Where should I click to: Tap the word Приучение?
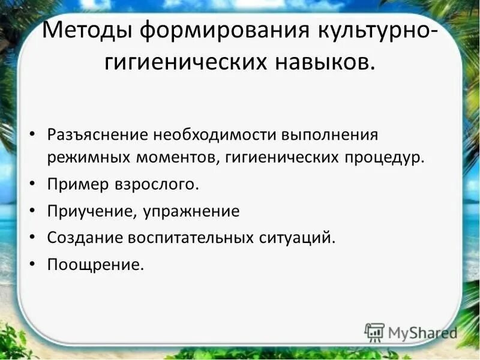coord(86,211)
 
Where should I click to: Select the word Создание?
coord(83,238)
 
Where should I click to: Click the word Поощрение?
coord(95,264)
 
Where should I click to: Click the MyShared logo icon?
coord(374,332)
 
